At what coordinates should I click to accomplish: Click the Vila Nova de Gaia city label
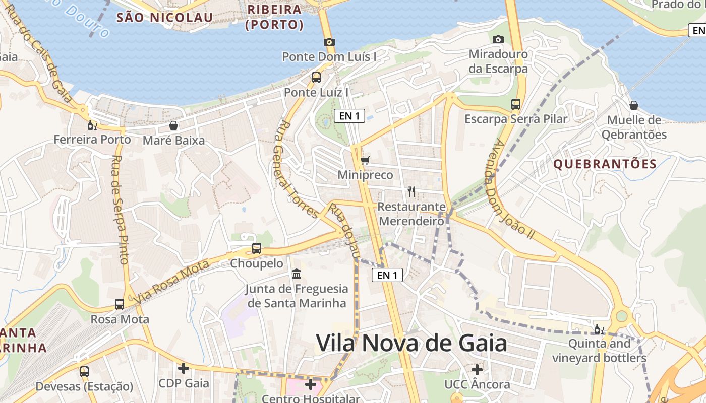tap(411, 343)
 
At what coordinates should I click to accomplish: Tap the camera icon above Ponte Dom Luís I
tap(329, 42)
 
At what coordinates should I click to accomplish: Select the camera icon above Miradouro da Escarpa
tap(498, 39)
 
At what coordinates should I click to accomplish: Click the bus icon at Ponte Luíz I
tap(316, 78)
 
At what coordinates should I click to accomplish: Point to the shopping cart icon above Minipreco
tap(365, 161)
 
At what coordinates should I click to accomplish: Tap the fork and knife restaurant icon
tap(411, 191)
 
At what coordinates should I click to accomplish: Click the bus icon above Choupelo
tap(257, 248)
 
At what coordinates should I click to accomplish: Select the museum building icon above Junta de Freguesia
tap(297, 274)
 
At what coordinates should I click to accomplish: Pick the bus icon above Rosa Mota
tap(120, 304)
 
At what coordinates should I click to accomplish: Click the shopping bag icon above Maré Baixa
tap(173, 125)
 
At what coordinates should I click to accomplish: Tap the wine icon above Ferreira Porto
tap(92, 125)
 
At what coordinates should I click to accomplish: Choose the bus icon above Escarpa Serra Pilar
tap(516, 104)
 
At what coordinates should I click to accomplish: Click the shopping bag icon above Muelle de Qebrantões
tap(634, 105)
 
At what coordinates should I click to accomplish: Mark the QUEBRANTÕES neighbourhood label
tap(605, 164)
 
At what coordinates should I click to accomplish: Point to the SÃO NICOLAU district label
tap(164, 18)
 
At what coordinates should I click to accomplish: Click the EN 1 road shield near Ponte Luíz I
tap(349, 116)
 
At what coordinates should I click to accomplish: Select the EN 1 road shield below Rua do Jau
tap(387, 275)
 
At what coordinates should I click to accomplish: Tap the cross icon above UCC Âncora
tap(477, 370)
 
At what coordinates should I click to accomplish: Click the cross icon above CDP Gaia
tap(184, 368)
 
